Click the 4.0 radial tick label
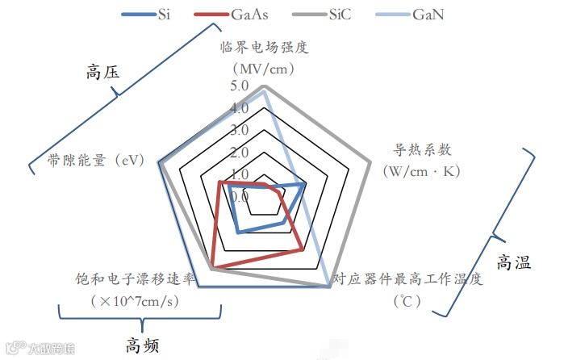pyautogui.click(x=239, y=108)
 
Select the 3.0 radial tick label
pyautogui.click(x=239, y=130)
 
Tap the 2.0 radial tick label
pyautogui.click(x=239, y=152)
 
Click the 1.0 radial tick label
pyautogui.click(x=239, y=174)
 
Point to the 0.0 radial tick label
pyautogui.click(x=239, y=196)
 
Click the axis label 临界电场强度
pyautogui.click(x=264, y=46)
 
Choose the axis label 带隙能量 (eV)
pyautogui.click(x=95, y=160)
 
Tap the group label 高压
pyautogui.click(x=102, y=72)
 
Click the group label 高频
pyautogui.click(x=142, y=345)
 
